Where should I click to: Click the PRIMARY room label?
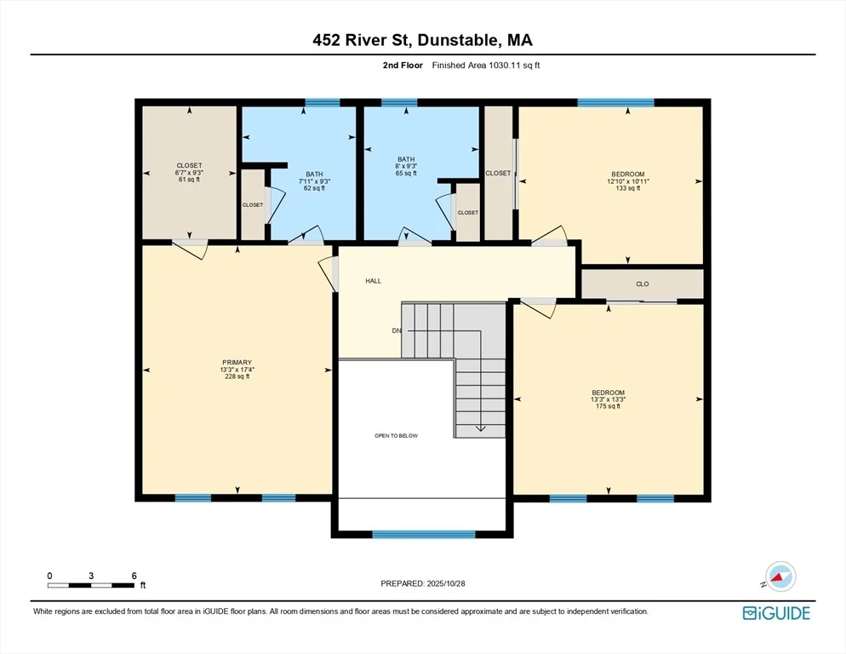(x=237, y=363)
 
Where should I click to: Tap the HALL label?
(x=374, y=281)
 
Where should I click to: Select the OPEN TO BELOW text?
(x=396, y=436)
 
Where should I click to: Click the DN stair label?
(x=397, y=330)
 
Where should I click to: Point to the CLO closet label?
(x=642, y=284)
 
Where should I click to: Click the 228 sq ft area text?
(x=237, y=376)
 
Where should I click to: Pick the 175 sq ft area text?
(x=608, y=406)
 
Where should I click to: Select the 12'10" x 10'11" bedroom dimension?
(x=628, y=181)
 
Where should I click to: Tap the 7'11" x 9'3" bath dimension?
(x=315, y=181)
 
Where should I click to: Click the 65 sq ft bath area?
(x=406, y=174)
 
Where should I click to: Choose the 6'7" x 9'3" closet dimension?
(x=190, y=172)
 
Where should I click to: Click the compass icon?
(x=780, y=577)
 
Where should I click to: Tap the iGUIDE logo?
(x=776, y=613)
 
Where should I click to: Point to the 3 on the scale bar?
(x=91, y=576)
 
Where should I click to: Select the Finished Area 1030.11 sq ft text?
(x=486, y=66)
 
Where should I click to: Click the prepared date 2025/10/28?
(x=446, y=583)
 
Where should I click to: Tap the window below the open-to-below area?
(x=424, y=534)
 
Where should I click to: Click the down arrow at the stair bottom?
(x=480, y=428)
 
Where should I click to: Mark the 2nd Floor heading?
(x=403, y=66)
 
